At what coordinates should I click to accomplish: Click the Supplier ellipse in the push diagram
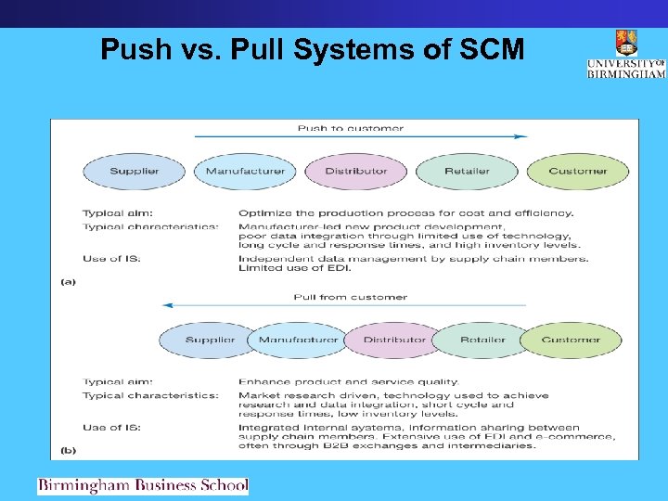pos(135,171)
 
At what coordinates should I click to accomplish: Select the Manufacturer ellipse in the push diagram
pos(245,171)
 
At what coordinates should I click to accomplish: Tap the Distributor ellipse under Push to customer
pos(356,171)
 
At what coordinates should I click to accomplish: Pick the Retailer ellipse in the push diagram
pos(468,171)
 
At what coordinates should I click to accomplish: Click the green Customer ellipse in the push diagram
pos(578,171)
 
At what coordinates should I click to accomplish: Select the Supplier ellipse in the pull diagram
pos(208,340)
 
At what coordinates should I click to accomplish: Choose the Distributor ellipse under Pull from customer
pos(394,340)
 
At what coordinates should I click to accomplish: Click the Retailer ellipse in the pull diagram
pos(482,340)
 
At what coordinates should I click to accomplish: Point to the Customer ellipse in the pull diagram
pos(572,340)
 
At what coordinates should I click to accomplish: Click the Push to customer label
pos(351,128)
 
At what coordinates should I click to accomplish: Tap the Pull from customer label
pos(351,297)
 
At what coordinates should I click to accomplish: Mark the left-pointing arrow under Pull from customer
pos(343,305)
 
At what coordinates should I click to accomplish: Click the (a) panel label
pos(69,280)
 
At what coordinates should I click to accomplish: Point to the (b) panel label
pos(69,449)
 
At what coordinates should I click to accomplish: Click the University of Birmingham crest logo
pos(626,44)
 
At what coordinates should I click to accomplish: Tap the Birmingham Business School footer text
pos(143,485)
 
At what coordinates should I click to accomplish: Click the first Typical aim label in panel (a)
pos(118,212)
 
